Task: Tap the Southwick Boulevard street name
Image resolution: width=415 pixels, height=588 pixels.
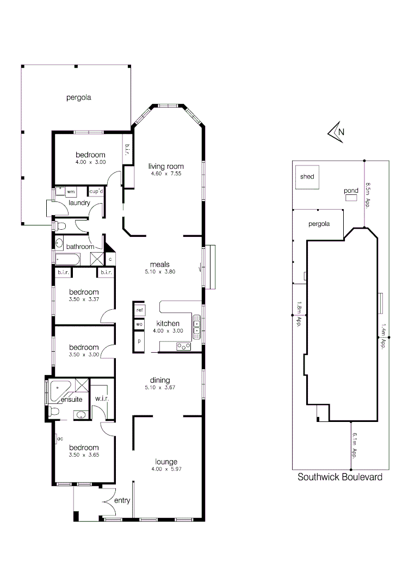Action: (340, 477)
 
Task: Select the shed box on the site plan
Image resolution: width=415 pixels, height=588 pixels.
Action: (307, 176)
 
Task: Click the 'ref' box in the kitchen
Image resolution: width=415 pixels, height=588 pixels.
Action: (139, 310)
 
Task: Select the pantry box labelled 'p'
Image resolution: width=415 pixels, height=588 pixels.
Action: (139, 341)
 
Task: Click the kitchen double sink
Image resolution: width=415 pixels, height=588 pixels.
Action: (197, 327)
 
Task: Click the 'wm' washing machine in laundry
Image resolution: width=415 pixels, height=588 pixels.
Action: (71, 192)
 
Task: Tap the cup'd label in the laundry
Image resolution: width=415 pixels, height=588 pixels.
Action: (96, 192)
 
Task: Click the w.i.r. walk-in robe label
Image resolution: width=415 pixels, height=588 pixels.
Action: (102, 399)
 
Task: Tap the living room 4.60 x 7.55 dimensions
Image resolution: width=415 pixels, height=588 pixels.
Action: (166, 174)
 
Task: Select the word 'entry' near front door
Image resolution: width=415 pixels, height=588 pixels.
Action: (122, 500)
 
